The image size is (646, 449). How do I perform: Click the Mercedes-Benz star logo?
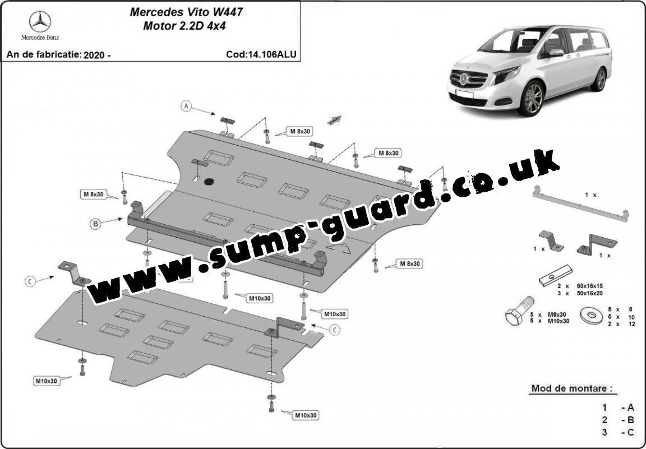click(40, 22)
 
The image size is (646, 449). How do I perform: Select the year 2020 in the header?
click(94, 55)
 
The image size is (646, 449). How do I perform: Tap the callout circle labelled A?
click(186, 107)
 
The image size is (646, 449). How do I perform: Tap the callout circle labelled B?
click(95, 224)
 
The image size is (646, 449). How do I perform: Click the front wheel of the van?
click(532, 99)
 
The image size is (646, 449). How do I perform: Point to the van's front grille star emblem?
click(464, 78)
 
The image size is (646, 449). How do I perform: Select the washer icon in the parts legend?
click(592, 315)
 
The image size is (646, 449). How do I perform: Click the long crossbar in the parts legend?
click(580, 203)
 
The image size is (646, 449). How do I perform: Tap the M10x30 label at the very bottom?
click(306, 415)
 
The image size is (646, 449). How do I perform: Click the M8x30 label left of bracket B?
click(94, 194)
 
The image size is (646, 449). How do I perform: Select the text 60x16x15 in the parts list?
click(589, 286)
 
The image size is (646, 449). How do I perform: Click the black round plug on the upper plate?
click(209, 180)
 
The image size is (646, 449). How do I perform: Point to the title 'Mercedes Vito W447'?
click(186, 12)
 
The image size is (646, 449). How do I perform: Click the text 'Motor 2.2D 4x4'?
click(184, 26)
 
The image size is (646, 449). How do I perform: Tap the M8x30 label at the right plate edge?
click(409, 263)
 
